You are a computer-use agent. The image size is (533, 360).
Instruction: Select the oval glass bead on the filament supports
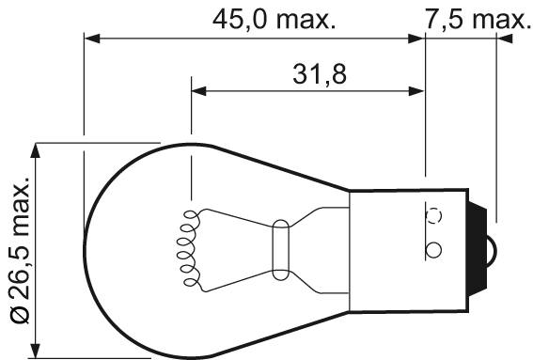click(x=279, y=248)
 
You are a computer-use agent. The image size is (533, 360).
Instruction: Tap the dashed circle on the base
click(x=434, y=215)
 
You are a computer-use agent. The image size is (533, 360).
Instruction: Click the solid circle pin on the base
click(x=433, y=250)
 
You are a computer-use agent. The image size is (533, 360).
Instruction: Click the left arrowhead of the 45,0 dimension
click(x=91, y=39)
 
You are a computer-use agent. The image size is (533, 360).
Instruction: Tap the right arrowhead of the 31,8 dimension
click(x=415, y=92)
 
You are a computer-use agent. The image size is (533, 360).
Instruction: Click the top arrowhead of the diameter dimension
click(x=39, y=151)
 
